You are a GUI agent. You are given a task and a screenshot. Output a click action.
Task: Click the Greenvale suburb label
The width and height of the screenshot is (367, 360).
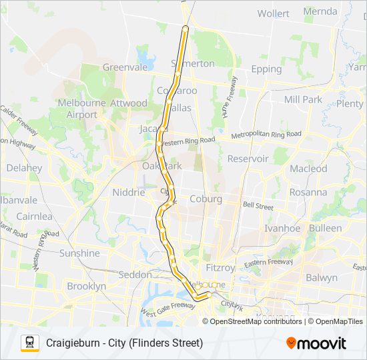click(124, 67)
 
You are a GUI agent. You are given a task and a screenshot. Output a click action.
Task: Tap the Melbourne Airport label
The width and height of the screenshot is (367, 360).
click(77, 109)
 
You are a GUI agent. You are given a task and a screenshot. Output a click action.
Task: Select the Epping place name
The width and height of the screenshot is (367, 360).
click(266, 69)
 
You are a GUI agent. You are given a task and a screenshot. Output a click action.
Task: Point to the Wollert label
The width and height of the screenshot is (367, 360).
click(274, 13)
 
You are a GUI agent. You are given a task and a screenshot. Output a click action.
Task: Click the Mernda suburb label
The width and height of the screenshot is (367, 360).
click(320, 11)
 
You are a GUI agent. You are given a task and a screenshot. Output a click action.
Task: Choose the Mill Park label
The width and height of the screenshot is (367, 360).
click(303, 99)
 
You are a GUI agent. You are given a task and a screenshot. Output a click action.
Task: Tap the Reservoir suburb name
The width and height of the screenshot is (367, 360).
click(248, 159)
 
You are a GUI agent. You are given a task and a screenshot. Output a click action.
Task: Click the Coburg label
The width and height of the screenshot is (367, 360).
click(206, 199)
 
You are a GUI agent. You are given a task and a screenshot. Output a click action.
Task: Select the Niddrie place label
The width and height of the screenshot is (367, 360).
click(129, 192)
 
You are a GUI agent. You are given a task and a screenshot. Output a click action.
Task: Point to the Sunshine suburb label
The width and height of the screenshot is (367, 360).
click(79, 253)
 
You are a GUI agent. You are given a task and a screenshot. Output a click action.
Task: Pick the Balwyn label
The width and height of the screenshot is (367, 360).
click(322, 277)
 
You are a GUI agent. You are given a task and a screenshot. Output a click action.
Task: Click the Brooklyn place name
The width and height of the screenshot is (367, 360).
click(87, 286)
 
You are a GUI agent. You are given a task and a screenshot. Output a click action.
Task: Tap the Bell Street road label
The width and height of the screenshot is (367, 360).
click(258, 207)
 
